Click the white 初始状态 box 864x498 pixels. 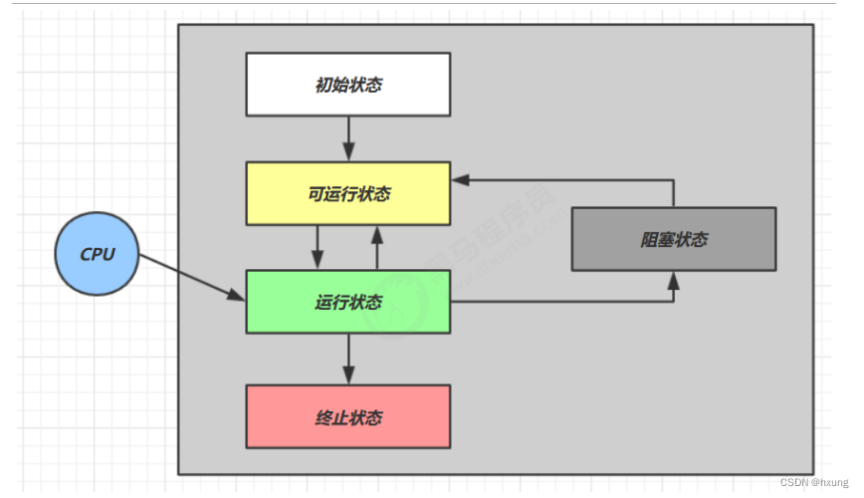coord(347,85)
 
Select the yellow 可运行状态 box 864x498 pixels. coord(347,193)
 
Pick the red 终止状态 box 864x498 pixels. coord(347,416)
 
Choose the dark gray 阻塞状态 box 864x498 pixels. coord(673,239)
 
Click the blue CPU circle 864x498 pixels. coord(98,254)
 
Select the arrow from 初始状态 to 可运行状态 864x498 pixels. coord(348,137)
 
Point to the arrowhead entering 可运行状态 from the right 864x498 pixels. coord(460,180)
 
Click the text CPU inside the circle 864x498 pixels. coord(98,254)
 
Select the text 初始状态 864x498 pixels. coord(347,85)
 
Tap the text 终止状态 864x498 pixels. coord(347,417)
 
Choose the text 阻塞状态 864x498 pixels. coord(673,240)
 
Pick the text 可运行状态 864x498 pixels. coord(347,193)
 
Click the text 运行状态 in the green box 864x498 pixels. coord(347,303)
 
